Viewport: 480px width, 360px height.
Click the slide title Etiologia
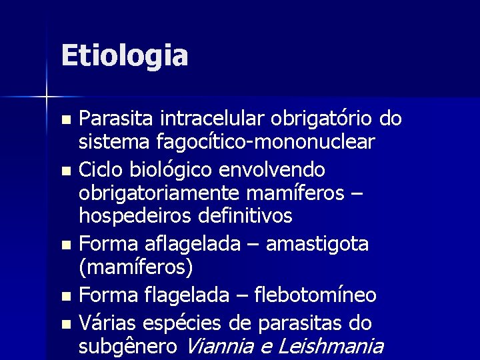[x=124, y=55]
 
